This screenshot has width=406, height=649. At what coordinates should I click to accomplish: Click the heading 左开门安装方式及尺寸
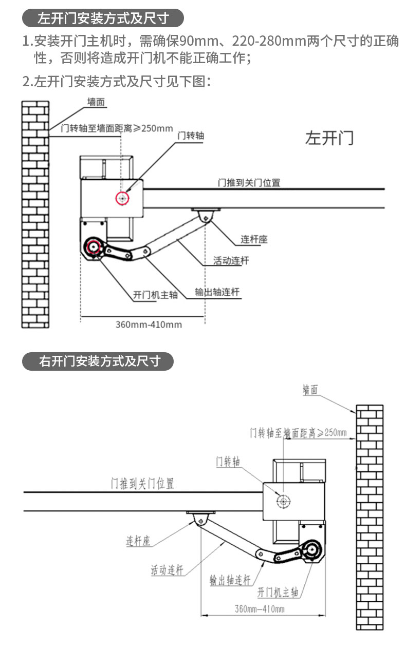pos(103,19)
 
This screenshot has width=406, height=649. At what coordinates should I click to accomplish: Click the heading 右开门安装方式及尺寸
pos(99,361)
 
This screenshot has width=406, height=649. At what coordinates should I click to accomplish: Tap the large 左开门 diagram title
pos(329,138)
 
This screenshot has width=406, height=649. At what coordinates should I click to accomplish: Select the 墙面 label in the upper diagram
pos(96,102)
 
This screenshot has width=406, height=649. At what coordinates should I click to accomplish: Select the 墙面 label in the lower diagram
pos(310,390)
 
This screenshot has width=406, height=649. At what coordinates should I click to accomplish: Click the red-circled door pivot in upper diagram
pos(122,198)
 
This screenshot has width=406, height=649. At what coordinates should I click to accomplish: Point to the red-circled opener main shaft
pos(94,247)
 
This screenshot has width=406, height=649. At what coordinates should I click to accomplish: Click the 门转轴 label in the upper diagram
pos(190,136)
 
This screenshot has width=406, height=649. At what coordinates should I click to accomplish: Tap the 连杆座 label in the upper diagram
pos(254,239)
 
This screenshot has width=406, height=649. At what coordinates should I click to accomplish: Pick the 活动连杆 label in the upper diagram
pos(231,260)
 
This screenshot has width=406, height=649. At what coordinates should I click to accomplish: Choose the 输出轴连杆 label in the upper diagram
pos(217,292)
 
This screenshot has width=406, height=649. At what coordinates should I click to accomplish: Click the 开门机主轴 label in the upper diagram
pos(155,295)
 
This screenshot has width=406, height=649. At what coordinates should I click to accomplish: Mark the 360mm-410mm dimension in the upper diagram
pos(149,324)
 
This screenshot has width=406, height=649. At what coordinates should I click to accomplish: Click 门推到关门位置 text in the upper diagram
pos(249,182)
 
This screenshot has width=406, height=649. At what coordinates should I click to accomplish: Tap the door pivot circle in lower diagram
pos(283,501)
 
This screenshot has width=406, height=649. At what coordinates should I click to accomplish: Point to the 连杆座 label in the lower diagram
pos(139,541)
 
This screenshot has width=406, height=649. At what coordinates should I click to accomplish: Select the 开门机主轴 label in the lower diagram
pos(278,592)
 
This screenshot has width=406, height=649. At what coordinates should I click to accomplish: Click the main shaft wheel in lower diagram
pos(312,551)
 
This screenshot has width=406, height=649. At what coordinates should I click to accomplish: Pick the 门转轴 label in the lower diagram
pos(228,462)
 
